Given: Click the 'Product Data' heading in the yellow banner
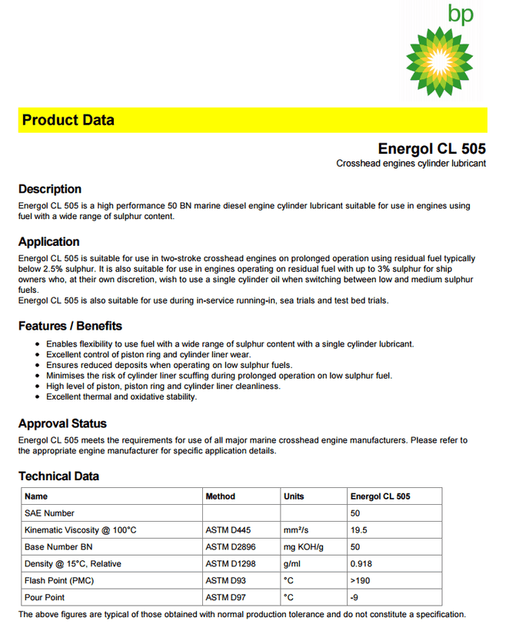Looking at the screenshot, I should [x=68, y=120].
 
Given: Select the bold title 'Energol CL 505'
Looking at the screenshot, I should [x=431, y=148].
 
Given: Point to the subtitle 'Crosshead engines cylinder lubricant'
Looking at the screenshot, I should [x=411, y=164].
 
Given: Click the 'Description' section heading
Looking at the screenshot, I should [x=50, y=189].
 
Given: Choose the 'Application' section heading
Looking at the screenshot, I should [x=48, y=242].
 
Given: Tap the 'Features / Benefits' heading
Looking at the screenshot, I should [x=70, y=326].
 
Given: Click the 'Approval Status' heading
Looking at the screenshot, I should [x=62, y=423].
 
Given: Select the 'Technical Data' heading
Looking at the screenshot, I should [x=58, y=476].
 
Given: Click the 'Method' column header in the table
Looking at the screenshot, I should [x=221, y=496].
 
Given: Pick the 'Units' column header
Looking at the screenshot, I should [x=294, y=496].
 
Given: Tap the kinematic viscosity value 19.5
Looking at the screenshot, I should [x=358, y=530].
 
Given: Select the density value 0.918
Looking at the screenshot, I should [x=361, y=564].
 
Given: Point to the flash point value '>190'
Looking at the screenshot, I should [x=361, y=581].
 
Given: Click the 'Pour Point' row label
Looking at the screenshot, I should [x=45, y=598].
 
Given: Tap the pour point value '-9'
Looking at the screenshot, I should [x=354, y=598].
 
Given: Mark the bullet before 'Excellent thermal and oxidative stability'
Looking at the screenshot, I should [x=38, y=397].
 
